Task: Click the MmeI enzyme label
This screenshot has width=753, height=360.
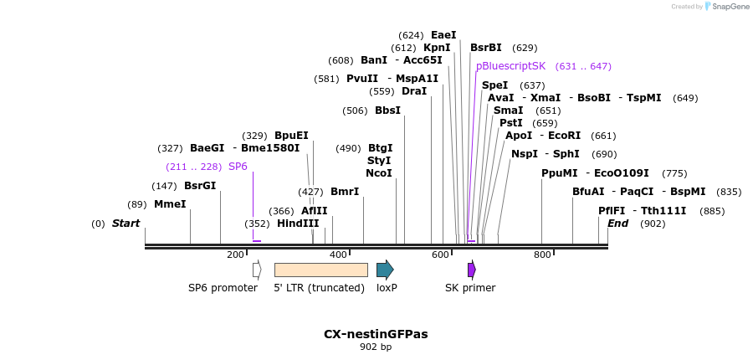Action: coord(170,204)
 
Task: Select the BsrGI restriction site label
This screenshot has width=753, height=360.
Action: coord(200,186)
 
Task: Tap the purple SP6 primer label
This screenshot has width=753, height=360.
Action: coord(238,167)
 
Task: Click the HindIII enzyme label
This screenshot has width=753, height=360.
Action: coord(299,224)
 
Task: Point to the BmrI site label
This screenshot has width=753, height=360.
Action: coord(345,192)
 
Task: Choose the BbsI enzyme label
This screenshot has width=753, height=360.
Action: coord(387,111)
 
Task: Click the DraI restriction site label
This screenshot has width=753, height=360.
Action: coord(414,91)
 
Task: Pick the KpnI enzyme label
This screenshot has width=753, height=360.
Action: coord(437,48)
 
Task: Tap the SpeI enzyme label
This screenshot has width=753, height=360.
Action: coord(495,85)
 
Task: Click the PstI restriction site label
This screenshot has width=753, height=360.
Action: coord(511,123)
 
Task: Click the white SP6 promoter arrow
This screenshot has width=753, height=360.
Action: coord(257,270)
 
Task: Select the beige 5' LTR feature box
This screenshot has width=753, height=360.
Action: coord(321,270)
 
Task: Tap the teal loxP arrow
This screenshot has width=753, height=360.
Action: coord(385,270)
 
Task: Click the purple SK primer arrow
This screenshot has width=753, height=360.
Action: coord(472,270)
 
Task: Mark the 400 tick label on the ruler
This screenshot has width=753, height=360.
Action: coord(338,255)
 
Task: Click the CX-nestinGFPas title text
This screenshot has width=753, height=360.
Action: coord(376,334)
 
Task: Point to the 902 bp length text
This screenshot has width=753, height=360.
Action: coord(376,347)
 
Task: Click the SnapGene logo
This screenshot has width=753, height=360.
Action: coord(727,7)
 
